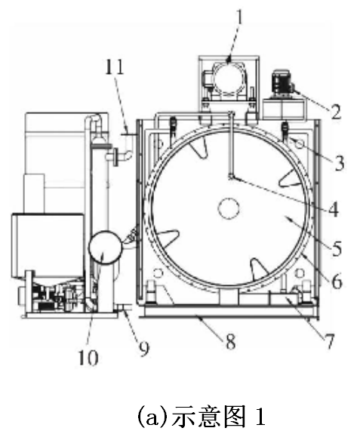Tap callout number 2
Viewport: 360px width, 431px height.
336,110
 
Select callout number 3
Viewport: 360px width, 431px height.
339,163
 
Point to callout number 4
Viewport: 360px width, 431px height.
334,209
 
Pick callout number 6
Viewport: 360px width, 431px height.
337,281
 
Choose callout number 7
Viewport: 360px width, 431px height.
329,341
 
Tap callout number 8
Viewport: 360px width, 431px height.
230,341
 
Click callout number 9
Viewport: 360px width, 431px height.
143,348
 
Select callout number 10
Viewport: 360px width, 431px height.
88,357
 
